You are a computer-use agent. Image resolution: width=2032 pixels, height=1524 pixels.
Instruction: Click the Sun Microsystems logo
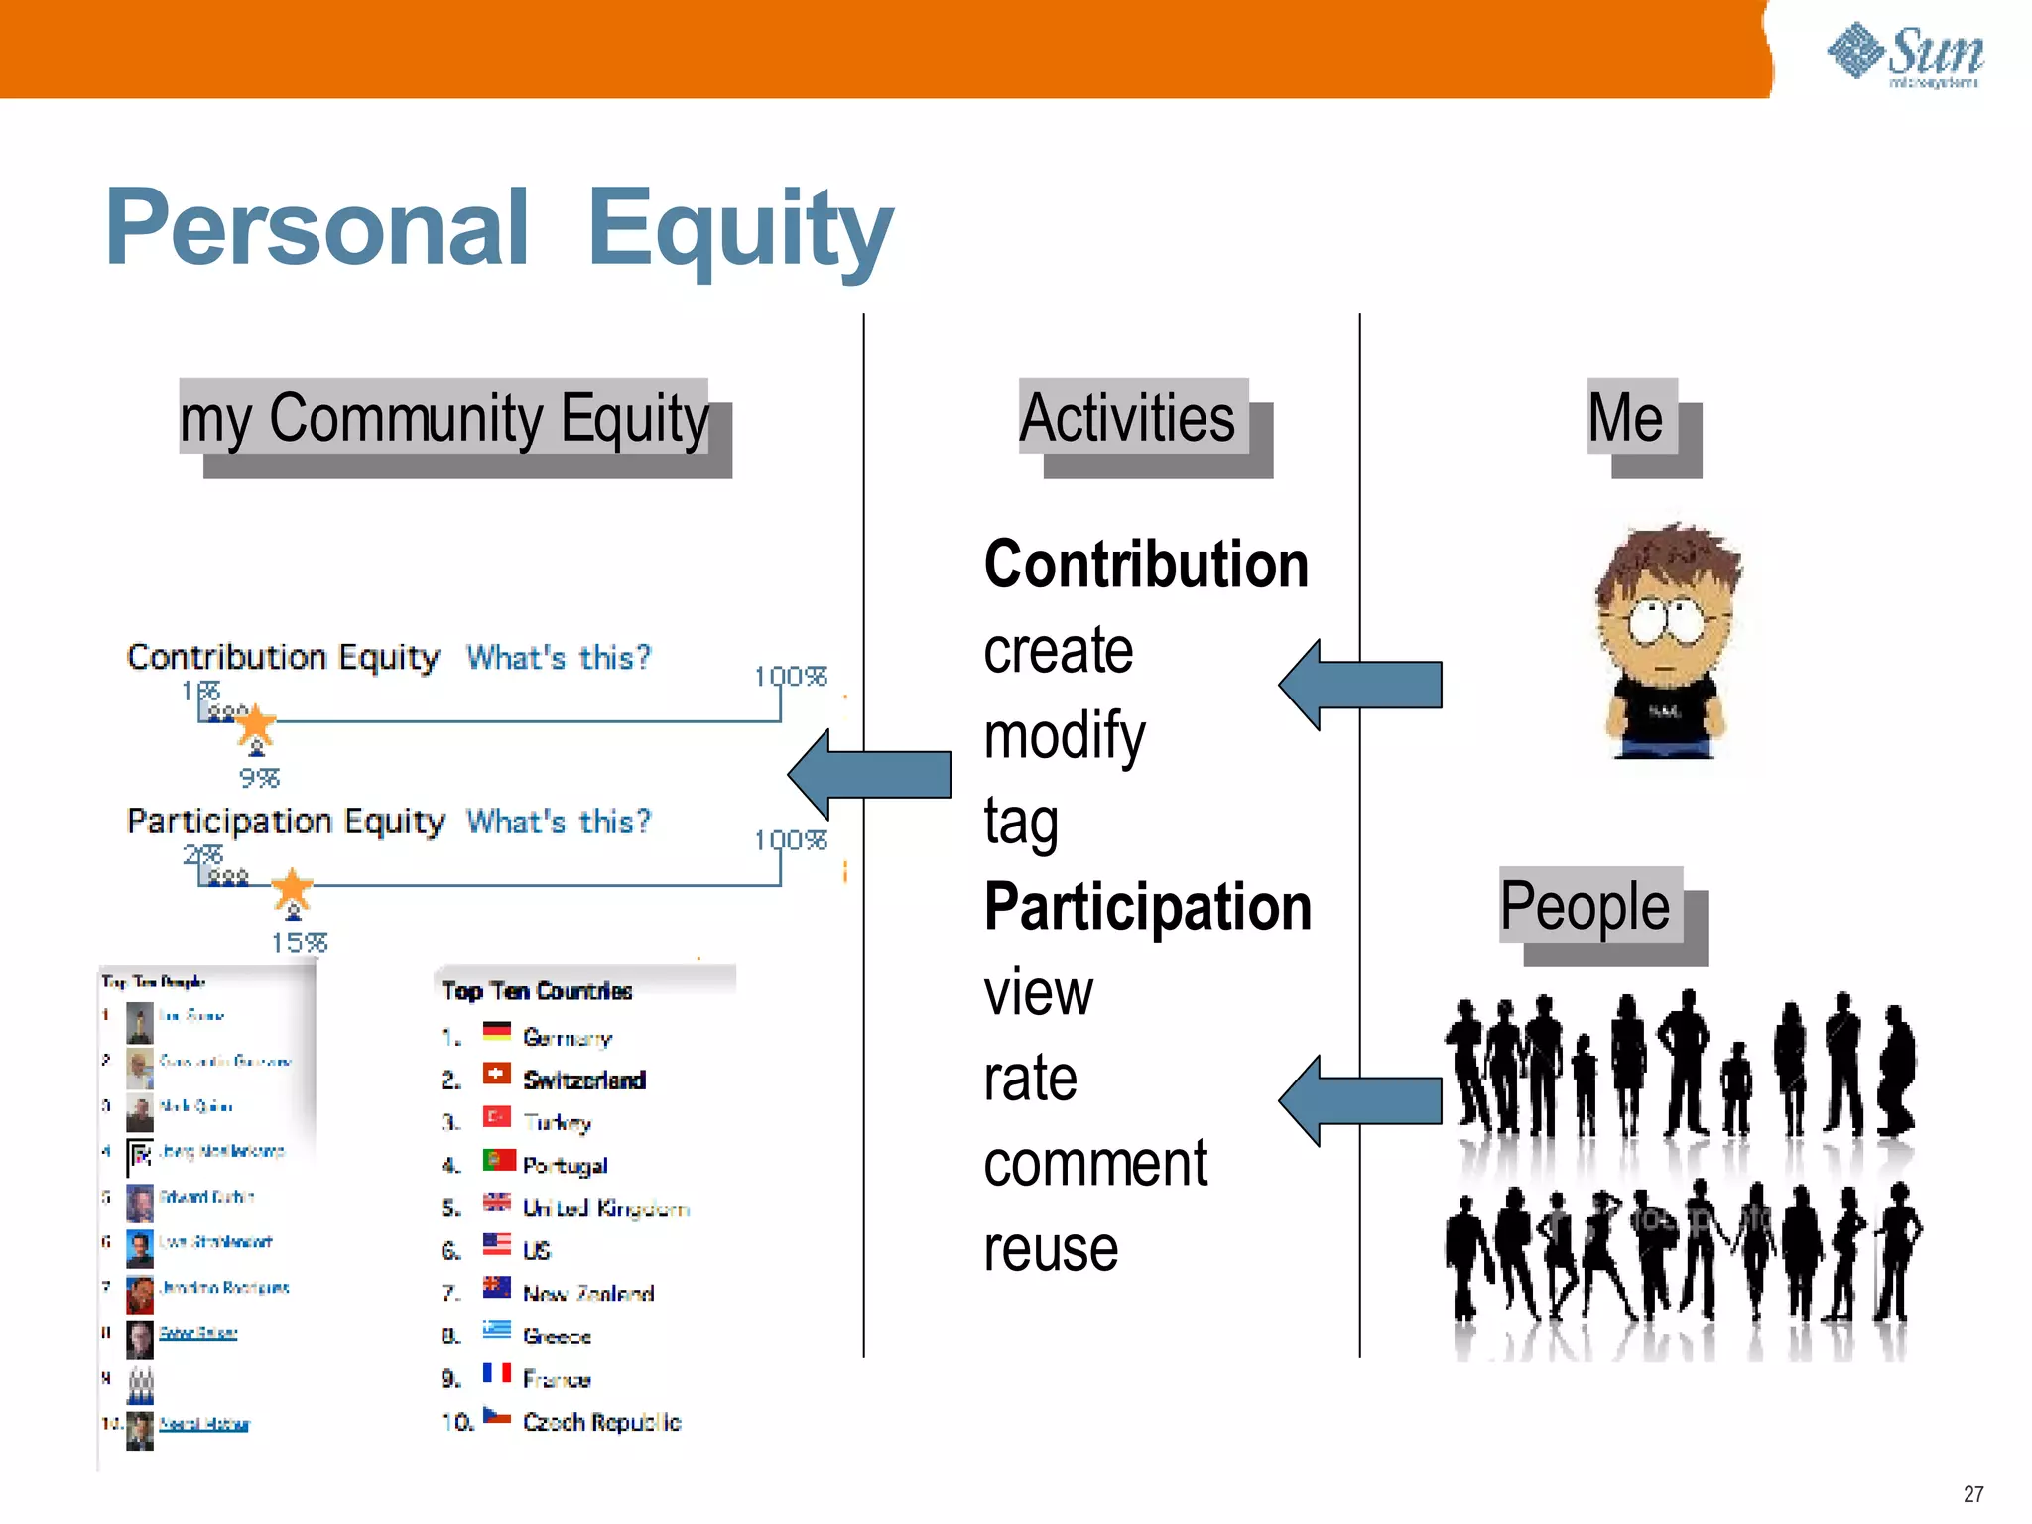[x=1905, y=55]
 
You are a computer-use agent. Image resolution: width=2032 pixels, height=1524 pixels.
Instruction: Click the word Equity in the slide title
[x=739, y=230]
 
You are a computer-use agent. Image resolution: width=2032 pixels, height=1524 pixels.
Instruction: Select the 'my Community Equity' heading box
[x=444, y=418]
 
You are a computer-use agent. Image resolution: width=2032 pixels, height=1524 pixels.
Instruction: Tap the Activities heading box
[x=1129, y=418]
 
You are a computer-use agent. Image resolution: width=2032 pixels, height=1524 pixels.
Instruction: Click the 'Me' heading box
[x=1627, y=418]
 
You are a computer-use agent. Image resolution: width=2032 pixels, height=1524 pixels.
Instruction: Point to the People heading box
[x=1586, y=906]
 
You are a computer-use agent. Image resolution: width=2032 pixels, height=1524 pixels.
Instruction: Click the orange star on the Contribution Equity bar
[x=255, y=723]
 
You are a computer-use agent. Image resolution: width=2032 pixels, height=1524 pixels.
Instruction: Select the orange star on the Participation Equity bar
[x=292, y=887]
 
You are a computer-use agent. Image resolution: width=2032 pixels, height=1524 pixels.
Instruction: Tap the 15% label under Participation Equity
[x=300, y=943]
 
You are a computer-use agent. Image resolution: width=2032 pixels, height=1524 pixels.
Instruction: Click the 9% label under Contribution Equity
[x=260, y=778]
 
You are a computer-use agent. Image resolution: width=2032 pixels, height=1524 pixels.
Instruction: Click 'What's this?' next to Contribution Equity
[x=559, y=657]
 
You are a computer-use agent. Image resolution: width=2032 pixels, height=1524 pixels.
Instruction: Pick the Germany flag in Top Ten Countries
[x=497, y=1032]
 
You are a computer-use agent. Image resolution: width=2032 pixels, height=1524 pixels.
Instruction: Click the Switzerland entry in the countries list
[x=583, y=1079]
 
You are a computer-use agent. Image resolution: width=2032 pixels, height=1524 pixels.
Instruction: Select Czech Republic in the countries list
[x=601, y=1422]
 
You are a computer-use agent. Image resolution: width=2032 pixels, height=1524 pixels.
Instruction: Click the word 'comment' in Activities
[x=1095, y=1164]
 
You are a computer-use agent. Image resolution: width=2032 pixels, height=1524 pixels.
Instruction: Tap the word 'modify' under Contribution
[x=1065, y=736]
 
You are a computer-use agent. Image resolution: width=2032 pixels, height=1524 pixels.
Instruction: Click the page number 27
[x=1972, y=1494]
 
